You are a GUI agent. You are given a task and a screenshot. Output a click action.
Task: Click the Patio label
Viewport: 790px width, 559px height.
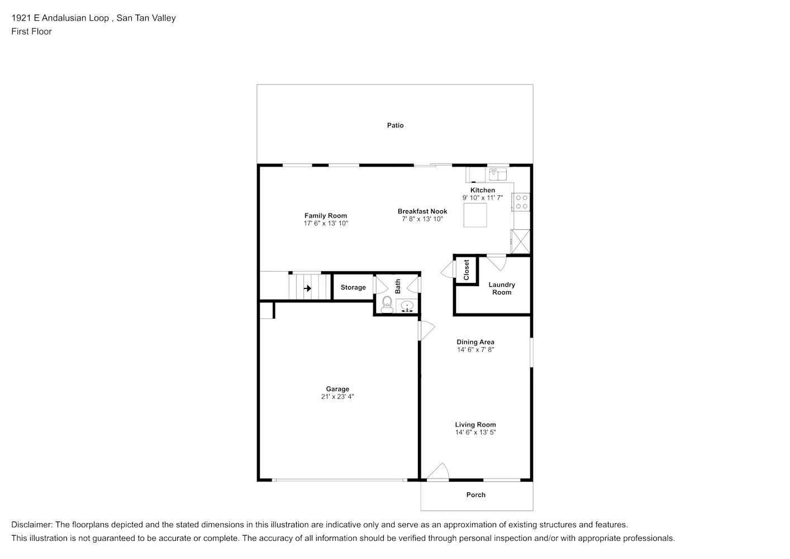pos(395,125)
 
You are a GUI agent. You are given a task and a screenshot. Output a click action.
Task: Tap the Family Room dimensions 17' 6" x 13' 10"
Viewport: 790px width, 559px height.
pos(326,224)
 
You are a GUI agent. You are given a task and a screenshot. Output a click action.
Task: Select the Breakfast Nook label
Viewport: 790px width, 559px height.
pos(422,211)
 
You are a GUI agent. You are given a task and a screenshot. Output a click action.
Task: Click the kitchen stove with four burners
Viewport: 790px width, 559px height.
pos(521,202)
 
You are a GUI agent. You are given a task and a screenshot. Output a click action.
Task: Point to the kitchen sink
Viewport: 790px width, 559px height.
pos(498,174)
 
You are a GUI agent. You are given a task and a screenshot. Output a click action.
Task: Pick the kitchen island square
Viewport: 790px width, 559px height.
pos(475,215)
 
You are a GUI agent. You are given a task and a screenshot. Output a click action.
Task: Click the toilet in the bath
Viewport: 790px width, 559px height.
pos(387,305)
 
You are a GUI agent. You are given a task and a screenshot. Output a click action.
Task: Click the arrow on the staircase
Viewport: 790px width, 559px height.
pos(307,288)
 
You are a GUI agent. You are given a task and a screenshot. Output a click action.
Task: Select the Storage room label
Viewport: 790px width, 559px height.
pos(353,288)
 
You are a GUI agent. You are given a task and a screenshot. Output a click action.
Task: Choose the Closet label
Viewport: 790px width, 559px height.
pos(467,270)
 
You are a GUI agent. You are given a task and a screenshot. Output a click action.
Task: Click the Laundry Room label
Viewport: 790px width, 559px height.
pos(502,288)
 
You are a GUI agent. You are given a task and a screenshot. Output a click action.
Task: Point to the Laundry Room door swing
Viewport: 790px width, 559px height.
pos(497,262)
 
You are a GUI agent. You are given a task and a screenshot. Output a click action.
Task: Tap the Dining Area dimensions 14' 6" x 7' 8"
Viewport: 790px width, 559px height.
pos(475,350)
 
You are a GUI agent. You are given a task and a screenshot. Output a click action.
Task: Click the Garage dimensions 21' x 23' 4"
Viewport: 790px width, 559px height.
pos(337,397)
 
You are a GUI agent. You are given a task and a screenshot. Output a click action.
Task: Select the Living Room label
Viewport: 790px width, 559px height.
pos(475,425)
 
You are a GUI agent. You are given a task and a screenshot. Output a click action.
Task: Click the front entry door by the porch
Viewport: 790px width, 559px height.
pos(437,472)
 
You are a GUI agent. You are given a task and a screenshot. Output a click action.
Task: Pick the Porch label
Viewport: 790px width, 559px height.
pos(476,495)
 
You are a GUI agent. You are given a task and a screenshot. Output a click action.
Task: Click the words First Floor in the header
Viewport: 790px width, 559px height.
pos(31,31)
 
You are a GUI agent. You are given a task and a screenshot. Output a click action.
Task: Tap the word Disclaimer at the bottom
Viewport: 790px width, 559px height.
pos(32,525)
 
